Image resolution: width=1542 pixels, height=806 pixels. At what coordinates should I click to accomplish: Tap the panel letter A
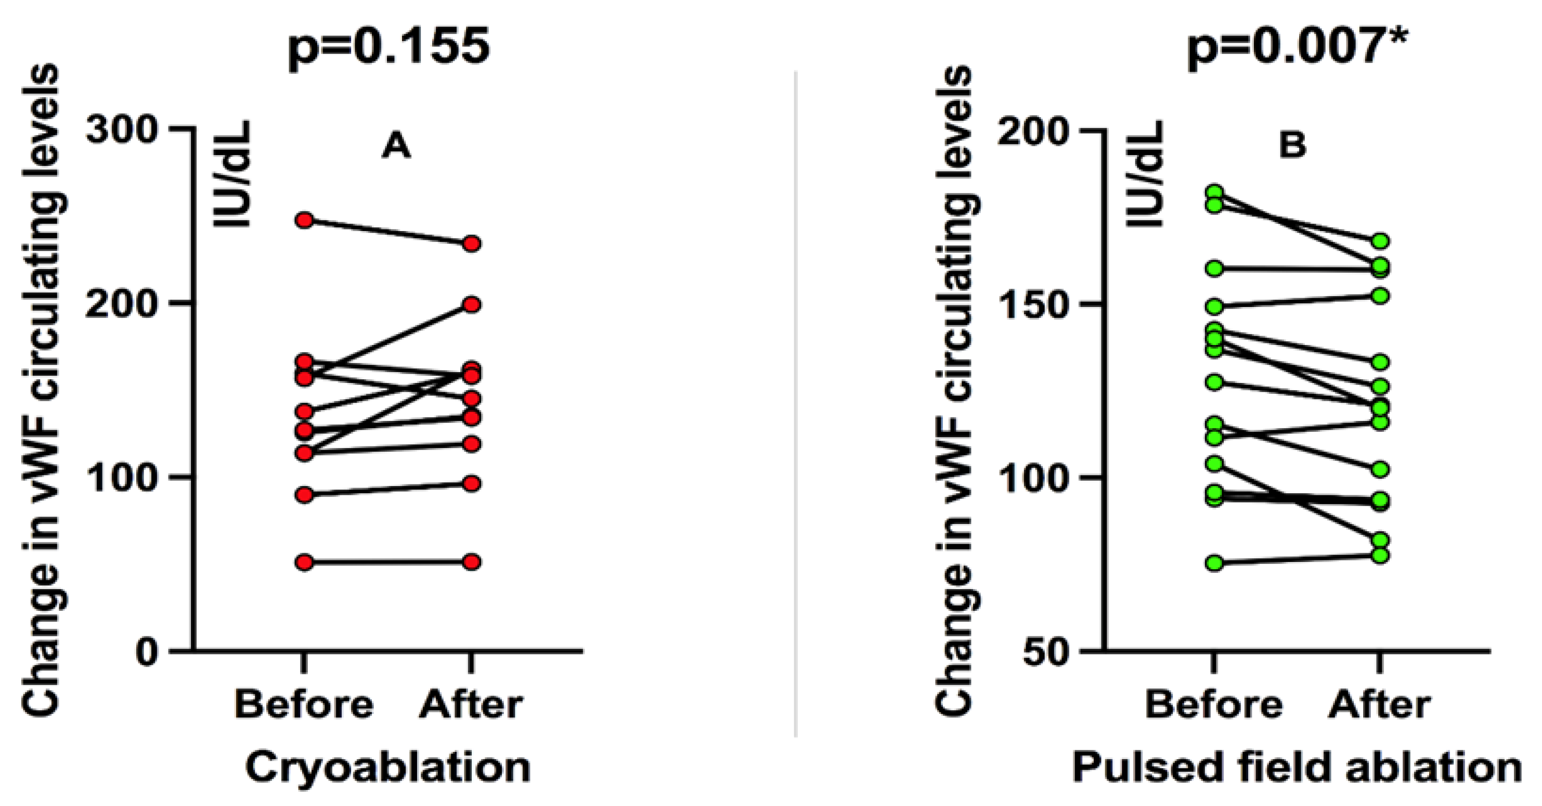click(x=396, y=146)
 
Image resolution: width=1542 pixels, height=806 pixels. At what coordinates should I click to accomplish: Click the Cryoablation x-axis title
click(x=388, y=767)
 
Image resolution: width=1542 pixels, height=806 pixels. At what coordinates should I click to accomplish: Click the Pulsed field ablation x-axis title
click(x=1297, y=767)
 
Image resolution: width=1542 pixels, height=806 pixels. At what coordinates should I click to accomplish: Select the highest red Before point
click(x=305, y=221)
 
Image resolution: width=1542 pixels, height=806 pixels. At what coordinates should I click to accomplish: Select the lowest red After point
click(x=472, y=561)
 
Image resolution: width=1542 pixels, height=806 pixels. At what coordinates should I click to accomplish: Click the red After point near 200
click(x=472, y=305)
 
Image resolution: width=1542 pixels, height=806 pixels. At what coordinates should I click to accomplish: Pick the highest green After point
click(x=1380, y=241)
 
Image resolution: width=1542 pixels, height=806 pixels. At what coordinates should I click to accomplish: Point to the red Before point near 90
click(x=305, y=495)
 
